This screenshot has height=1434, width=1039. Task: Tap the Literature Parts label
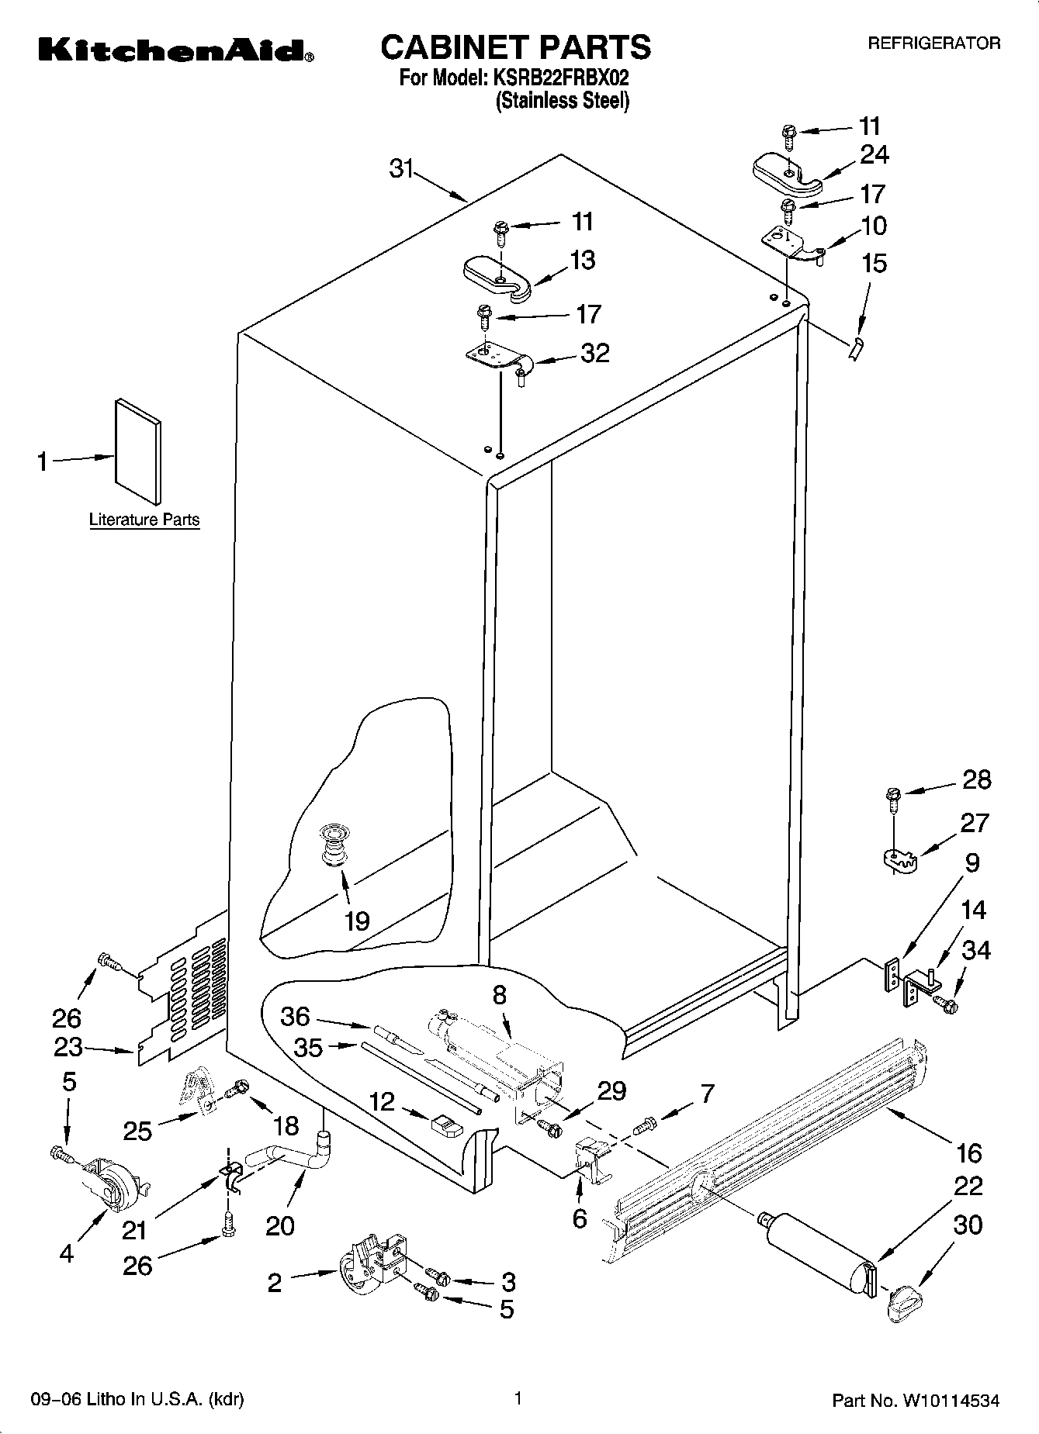(x=144, y=520)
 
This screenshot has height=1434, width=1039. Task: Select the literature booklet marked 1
(x=138, y=452)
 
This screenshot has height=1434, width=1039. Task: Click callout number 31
(x=401, y=168)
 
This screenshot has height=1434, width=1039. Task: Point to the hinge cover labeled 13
(x=497, y=275)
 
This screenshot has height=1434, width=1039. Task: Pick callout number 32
(x=594, y=354)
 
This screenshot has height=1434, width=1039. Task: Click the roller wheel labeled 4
(x=111, y=1185)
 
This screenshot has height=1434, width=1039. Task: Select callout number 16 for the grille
(x=969, y=1153)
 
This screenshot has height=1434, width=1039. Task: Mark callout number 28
(x=976, y=779)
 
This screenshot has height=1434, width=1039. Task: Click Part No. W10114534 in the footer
(x=916, y=1401)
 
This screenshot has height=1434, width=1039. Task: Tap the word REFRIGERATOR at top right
(x=933, y=44)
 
